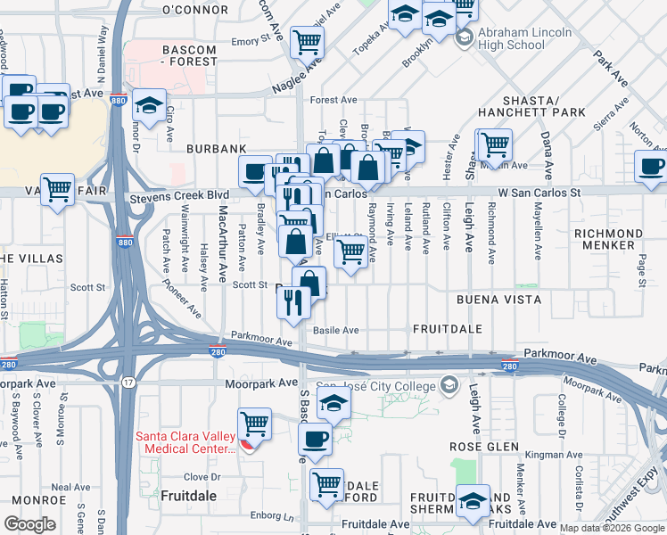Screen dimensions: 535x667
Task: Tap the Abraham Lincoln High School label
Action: [x=512, y=37]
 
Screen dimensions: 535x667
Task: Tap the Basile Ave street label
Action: [x=335, y=330]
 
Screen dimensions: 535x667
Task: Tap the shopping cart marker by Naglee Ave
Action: [x=307, y=41]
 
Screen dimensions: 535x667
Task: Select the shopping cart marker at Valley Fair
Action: [x=57, y=189]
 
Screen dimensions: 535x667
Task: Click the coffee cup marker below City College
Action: [x=315, y=439]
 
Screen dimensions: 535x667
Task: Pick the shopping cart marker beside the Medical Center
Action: [x=255, y=423]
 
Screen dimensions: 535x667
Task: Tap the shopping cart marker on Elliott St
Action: [x=350, y=253]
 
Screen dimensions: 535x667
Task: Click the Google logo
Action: [x=30, y=524]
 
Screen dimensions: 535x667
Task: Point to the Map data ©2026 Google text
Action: [x=611, y=528]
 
